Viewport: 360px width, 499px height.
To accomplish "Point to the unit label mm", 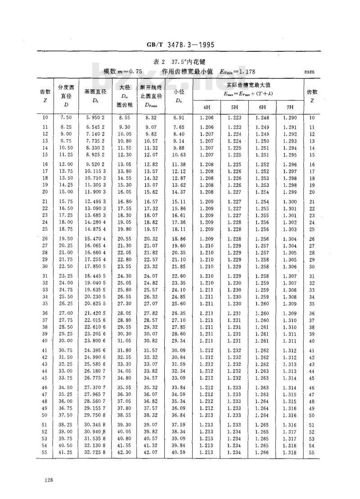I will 309,71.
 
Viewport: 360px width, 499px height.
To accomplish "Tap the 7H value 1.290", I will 290,118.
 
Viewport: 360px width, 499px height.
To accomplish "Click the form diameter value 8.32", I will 150,118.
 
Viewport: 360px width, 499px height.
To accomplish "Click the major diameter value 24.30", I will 124,276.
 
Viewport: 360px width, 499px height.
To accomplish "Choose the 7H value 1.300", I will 290,201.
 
